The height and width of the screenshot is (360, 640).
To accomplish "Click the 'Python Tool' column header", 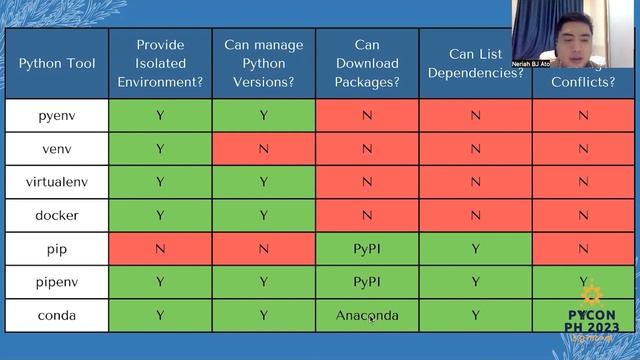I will click(57, 64).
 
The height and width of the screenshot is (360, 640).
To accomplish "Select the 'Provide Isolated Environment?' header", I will click(160, 64).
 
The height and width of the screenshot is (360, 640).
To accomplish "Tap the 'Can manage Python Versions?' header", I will click(264, 64).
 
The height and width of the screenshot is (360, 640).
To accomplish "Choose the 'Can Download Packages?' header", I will click(367, 64).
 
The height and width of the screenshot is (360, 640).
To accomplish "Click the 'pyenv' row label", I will click(57, 116).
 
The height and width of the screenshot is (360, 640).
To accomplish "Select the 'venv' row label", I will click(57, 149).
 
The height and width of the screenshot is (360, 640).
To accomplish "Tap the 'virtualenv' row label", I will click(57, 182).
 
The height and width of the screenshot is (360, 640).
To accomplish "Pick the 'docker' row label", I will click(57, 215).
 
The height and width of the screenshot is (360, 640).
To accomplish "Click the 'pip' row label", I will click(57, 249).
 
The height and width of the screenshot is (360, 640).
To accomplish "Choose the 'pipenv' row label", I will click(57, 282).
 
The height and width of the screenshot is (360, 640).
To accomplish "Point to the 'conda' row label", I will click(57, 316).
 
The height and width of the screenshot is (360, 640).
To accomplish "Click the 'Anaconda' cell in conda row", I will click(367, 316).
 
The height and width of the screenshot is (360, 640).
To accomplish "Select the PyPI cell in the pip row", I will click(367, 249).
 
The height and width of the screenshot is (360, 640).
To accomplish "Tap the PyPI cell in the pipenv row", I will click(367, 282).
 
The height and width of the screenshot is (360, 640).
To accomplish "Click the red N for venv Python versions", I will click(264, 149).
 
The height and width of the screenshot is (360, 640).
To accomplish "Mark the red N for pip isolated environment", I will click(160, 249).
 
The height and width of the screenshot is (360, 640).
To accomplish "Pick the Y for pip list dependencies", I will click(475, 249).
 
